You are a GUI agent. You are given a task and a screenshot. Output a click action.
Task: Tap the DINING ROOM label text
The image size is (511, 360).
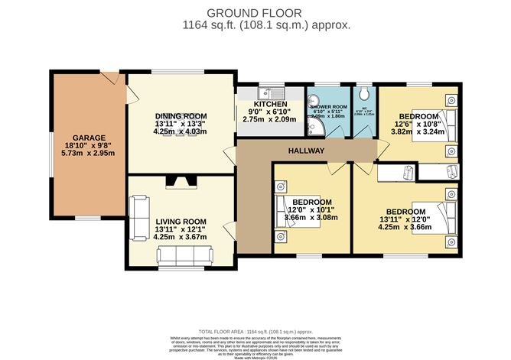click(x=181, y=114)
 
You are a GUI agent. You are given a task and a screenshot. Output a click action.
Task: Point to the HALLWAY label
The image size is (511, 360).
click(x=306, y=151)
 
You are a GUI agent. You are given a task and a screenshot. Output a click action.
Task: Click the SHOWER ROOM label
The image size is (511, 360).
click(x=328, y=107)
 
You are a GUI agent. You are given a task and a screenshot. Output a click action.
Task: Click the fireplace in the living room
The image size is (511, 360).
click(x=181, y=182)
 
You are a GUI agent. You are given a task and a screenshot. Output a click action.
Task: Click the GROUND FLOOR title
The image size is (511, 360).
click(x=255, y=12)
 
